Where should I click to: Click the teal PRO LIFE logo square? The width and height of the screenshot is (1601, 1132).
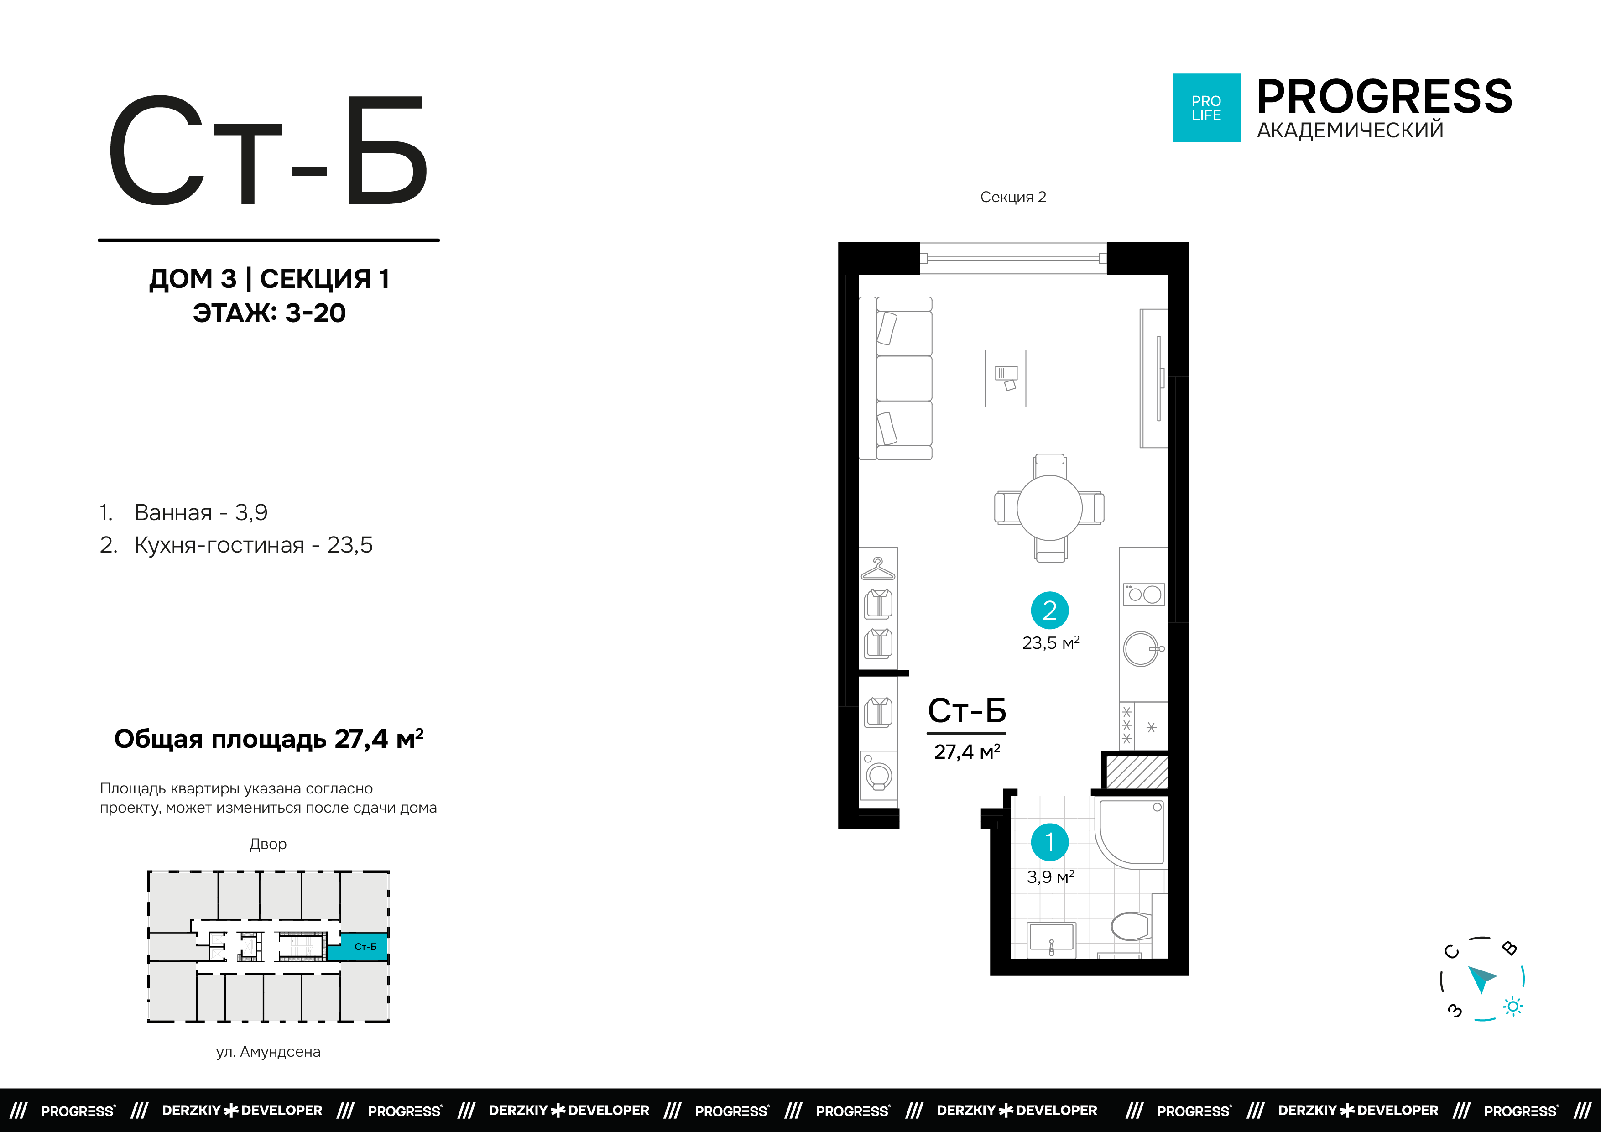click(x=1206, y=108)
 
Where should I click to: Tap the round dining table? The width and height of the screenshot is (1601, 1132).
click(x=1049, y=508)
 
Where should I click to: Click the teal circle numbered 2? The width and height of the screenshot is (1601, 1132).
click(x=1049, y=610)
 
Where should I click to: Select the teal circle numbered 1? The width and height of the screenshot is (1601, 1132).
click(x=1049, y=843)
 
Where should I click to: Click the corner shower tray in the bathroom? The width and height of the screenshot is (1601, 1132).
click(x=1130, y=833)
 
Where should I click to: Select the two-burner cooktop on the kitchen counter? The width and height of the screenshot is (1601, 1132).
click(x=1143, y=594)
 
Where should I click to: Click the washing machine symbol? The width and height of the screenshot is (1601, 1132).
click(x=878, y=775)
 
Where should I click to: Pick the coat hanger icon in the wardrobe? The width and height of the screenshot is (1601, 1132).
click(x=878, y=569)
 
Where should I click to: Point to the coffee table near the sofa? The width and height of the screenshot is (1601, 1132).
click(x=1005, y=378)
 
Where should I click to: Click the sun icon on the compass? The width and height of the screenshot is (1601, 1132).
click(x=1512, y=1007)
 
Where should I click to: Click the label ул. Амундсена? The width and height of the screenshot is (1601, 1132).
click(x=268, y=1051)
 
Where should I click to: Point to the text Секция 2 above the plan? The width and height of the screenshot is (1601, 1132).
click(x=1013, y=198)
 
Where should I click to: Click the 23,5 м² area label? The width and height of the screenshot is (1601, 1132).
click(x=1051, y=642)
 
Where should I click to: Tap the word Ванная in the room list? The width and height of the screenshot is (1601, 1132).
click(x=173, y=513)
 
